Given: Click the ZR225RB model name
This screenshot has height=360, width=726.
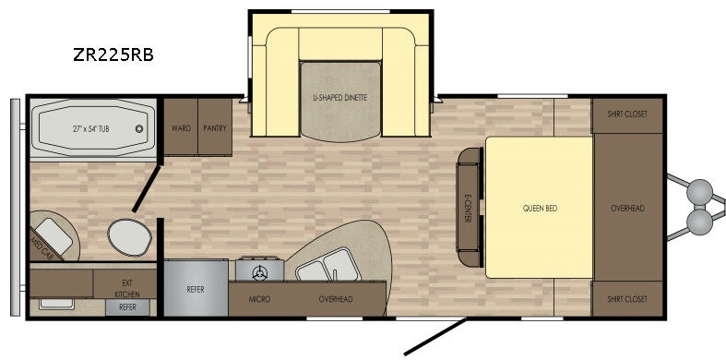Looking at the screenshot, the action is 113,54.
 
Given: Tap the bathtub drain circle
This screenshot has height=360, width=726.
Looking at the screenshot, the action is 139,129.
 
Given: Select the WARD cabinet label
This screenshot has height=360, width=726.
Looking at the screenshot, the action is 181,128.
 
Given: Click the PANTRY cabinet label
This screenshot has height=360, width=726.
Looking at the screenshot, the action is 215,128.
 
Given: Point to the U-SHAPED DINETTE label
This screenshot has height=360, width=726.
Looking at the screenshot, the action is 340,98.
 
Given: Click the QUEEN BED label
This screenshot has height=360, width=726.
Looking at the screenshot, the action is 540,209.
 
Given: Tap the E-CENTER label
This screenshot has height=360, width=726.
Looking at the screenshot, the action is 468,208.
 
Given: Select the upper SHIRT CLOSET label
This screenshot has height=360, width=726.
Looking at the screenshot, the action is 627,114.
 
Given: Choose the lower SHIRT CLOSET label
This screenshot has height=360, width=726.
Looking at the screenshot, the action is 627,299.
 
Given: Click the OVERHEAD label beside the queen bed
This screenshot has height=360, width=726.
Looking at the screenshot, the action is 628,209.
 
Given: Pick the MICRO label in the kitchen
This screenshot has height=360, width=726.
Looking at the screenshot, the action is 259,299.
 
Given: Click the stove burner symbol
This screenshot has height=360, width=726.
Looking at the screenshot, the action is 260,272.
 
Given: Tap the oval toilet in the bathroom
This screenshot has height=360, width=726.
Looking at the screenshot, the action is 130,237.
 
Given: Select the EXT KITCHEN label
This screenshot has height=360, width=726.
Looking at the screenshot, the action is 127,288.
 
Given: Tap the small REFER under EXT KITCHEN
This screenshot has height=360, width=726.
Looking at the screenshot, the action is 127,306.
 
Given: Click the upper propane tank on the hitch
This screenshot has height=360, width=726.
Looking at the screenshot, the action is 700,191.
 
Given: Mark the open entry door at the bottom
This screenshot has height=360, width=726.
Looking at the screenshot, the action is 435,337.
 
